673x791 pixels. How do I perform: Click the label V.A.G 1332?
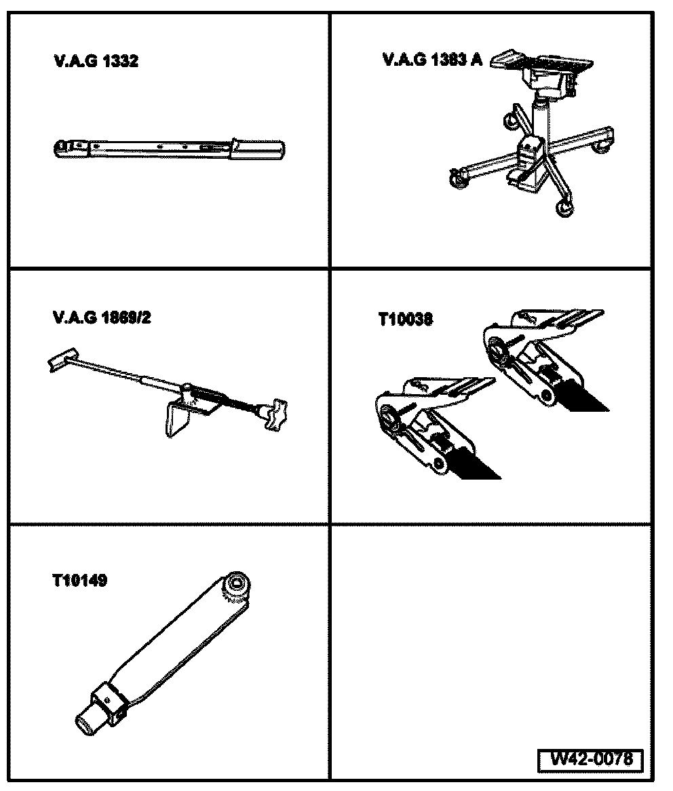point(96,62)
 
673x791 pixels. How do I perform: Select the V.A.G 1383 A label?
point(432,60)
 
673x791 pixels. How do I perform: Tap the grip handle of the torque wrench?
point(258,149)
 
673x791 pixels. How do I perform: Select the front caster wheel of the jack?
point(563,208)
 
